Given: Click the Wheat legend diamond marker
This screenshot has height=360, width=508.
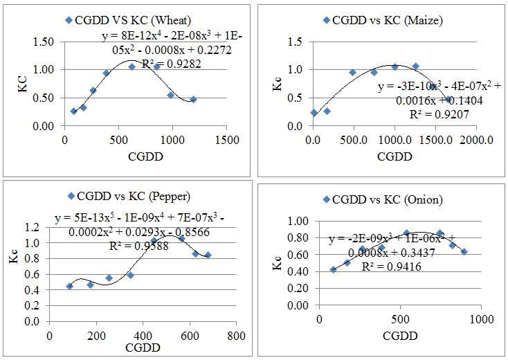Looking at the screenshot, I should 68,20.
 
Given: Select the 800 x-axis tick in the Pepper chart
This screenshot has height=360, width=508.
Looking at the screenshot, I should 236,336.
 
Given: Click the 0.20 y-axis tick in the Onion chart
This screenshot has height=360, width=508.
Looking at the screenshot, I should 298,289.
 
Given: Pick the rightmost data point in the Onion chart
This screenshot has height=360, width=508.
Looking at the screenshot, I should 464,252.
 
